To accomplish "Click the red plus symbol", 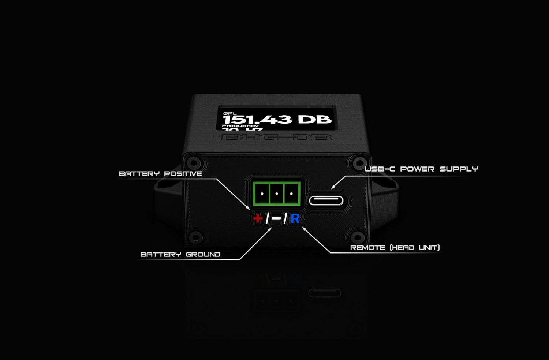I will [x=258, y=218].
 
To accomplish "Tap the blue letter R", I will [x=295, y=219].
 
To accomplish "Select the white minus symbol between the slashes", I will [x=276, y=218].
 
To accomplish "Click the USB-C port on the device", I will [x=326, y=200].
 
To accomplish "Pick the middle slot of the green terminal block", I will [x=277, y=194].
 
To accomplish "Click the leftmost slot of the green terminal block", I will [x=262, y=194].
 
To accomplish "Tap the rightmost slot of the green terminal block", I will [x=291, y=194].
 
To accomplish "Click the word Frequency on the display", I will [x=240, y=125].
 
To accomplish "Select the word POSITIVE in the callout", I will [x=183, y=174].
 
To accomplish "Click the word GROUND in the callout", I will [x=203, y=255].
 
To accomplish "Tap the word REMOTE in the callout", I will [x=368, y=248].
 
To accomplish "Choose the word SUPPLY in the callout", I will [x=459, y=169].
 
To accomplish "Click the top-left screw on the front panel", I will [x=193, y=162].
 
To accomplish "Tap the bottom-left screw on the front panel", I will [x=195, y=237].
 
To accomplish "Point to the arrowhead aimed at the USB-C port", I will [x=333, y=187].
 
